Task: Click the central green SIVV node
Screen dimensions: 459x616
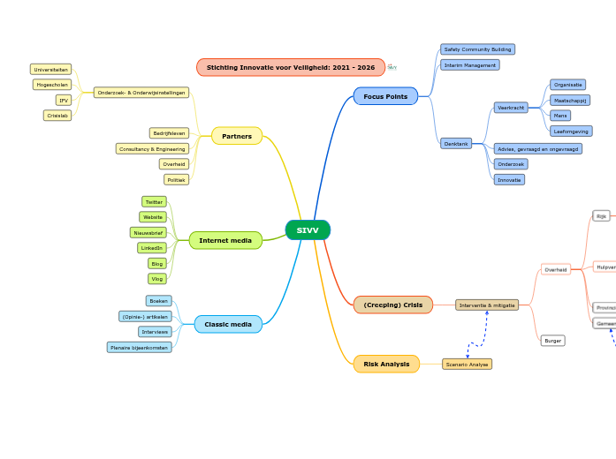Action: (x=308, y=230)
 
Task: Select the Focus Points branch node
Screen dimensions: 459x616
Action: (x=385, y=95)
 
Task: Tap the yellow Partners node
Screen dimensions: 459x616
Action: (x=237, y=136)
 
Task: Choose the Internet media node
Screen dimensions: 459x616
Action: (x=225, y=240)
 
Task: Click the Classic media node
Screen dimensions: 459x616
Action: (x=228, y=324)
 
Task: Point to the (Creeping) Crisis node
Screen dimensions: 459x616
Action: (x=393, y=305)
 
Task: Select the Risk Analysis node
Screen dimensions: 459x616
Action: (x=386, y=364)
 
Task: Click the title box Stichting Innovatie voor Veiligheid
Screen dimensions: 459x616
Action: (x=291, y=67)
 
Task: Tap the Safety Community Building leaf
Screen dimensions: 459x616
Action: (x=477, y=49)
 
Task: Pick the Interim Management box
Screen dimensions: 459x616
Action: (x=470, y=64)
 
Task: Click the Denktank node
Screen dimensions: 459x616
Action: (x=456, y=143)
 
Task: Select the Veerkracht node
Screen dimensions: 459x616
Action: (x=511, y=108)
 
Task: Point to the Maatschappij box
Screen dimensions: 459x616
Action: (x=570, y=101)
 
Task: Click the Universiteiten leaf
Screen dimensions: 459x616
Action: (x=51, y=69)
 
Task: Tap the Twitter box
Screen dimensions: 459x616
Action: (x=154, y=201)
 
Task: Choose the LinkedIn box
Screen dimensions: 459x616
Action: (x=152, y=248)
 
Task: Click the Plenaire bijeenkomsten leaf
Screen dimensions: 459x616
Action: (x=139, y=347)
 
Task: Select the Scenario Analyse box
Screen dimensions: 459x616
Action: (x=467, y=364)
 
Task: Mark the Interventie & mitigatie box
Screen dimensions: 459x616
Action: (x=487, y=305)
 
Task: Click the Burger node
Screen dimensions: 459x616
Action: (x=553, y=341)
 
